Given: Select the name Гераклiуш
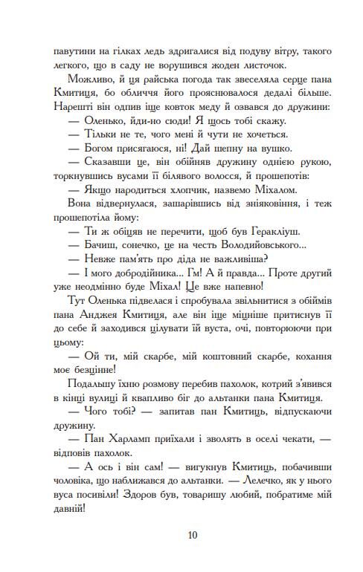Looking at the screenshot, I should click(263, 231).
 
